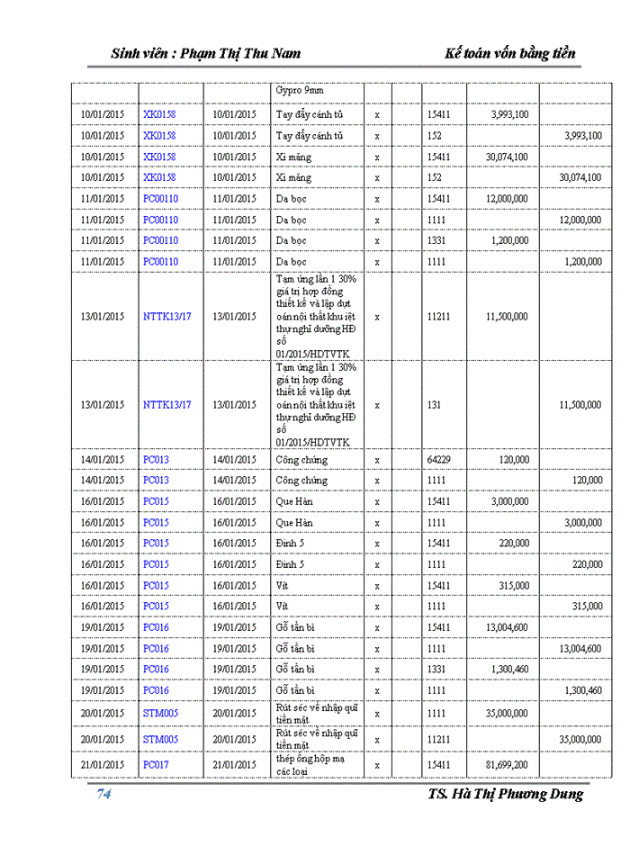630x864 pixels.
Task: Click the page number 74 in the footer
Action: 103,794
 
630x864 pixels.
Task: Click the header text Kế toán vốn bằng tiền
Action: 510,53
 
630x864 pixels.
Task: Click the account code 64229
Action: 439,460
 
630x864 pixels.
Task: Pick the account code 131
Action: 434,405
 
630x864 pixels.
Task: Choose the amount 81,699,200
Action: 508,765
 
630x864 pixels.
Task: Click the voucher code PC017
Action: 156,765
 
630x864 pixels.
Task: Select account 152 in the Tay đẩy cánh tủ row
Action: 434,136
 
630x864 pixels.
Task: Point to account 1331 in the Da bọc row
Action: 436,240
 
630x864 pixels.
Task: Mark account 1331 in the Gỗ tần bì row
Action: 436,670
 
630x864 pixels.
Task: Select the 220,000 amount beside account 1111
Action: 585,564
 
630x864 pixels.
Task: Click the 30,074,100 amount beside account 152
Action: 580,177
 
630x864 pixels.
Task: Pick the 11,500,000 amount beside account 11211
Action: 507,317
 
